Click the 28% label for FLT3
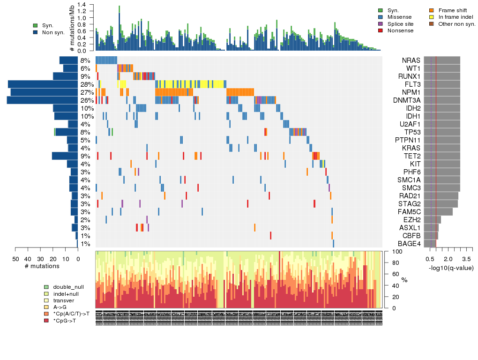coord(85,84)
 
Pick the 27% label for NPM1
coord(85,92)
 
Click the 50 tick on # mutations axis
coord(15,259)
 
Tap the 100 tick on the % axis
coord(395,252)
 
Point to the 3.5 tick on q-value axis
coord(466,259)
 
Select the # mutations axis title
coord(42,266)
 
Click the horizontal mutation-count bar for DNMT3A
coord(42,100)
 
